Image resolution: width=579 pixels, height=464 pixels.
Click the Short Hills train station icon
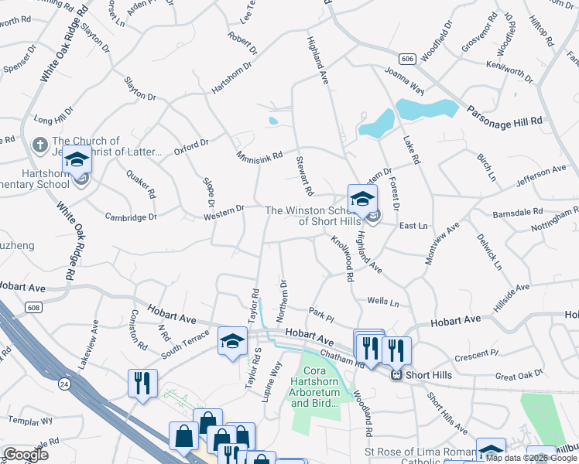[396, 376]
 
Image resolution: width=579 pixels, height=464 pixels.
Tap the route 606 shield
[408, 59]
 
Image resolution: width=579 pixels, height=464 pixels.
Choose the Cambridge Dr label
[131, 217]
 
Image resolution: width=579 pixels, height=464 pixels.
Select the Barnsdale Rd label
[517, 211]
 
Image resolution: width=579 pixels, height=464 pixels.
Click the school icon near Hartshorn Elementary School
[77, 159]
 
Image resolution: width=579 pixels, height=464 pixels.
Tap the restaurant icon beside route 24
[142, 383]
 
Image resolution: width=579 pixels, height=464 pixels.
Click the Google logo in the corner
[26, 455]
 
